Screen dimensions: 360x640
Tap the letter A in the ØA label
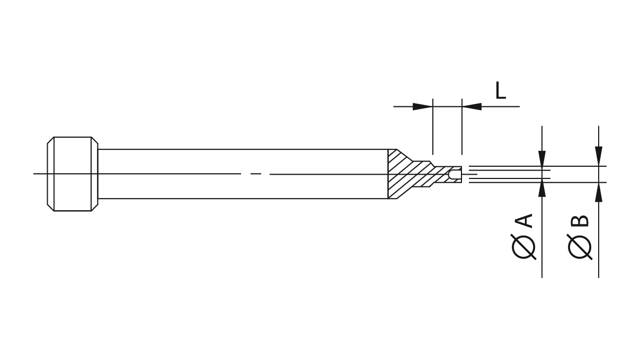524,221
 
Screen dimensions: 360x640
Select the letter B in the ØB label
580,221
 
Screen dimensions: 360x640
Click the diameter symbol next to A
524,246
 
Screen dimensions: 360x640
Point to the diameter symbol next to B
580,246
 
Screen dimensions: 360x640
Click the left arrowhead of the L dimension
422,106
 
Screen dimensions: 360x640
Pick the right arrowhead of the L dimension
472,106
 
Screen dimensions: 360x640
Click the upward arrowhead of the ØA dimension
542,188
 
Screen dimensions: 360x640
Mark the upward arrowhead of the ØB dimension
599,192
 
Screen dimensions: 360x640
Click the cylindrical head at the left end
72,174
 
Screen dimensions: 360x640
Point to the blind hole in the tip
455,174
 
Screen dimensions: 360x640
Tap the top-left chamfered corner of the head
50,140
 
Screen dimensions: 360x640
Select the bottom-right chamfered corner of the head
95,208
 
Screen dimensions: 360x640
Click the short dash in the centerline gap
256,174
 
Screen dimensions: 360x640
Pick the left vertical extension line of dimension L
433,127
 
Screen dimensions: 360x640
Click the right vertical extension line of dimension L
462,127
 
